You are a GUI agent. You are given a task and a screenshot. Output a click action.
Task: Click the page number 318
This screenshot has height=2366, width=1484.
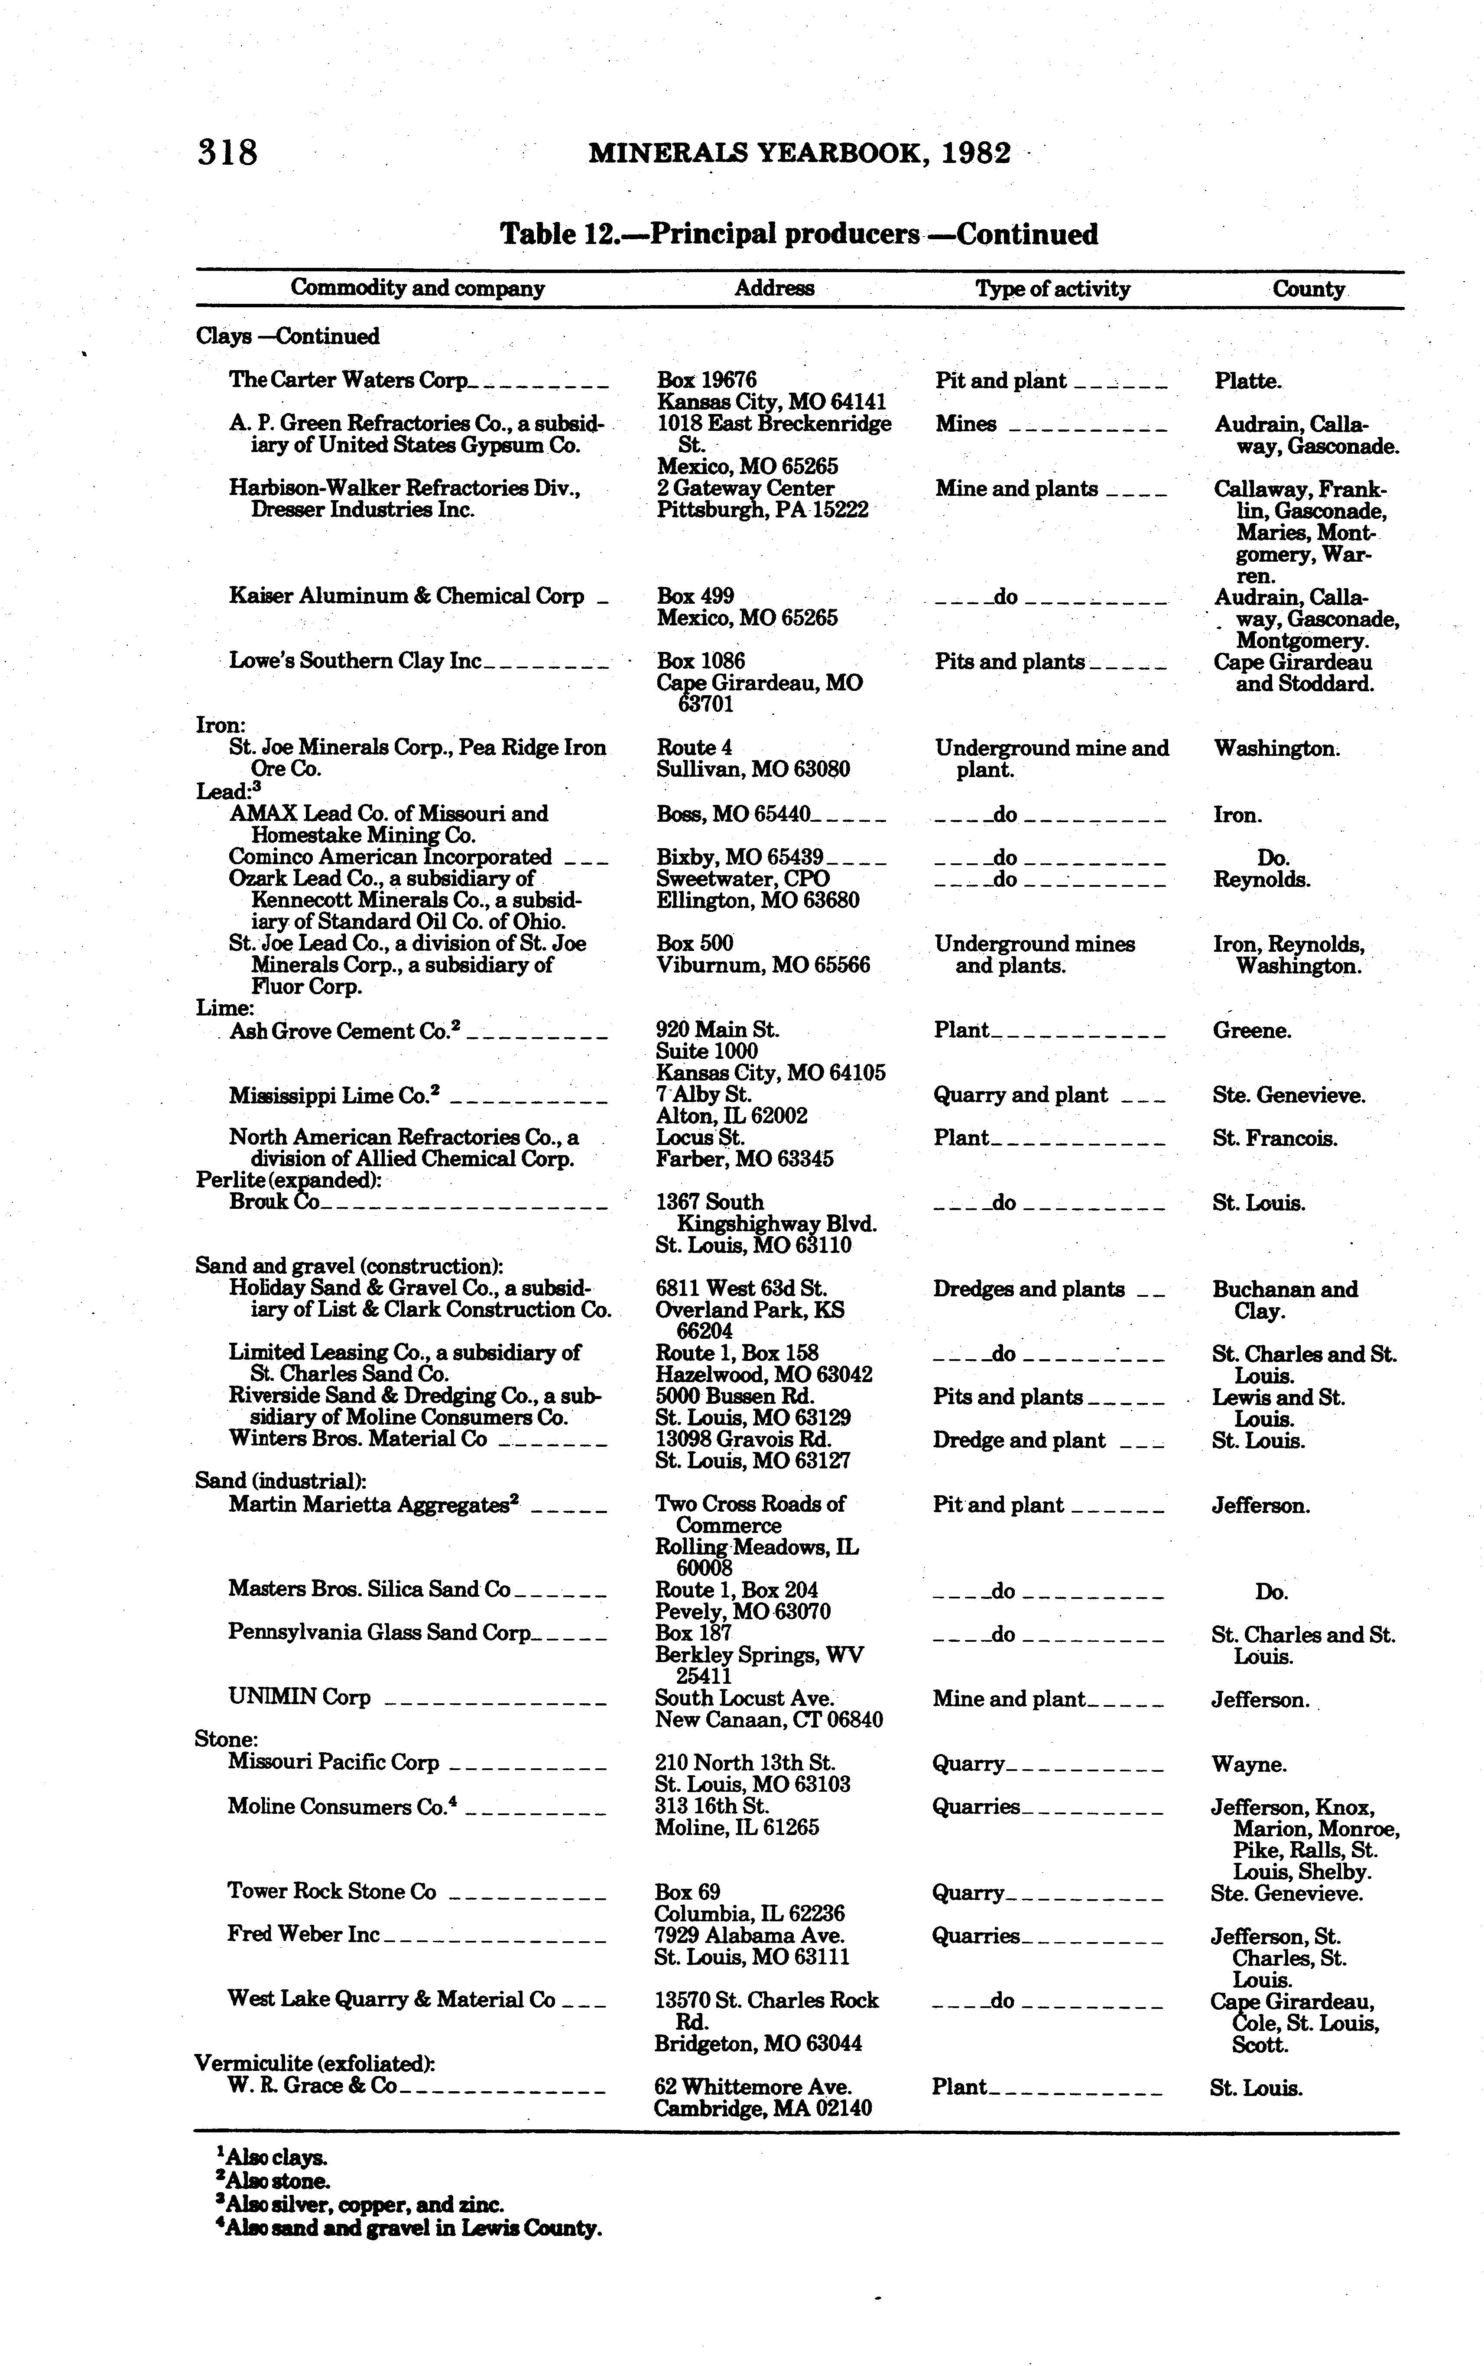point(228,153)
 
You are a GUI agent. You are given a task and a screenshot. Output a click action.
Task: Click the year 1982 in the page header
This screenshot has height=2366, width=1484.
point(974,153)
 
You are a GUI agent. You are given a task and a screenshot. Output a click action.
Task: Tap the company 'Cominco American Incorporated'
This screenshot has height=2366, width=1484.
point(390,857)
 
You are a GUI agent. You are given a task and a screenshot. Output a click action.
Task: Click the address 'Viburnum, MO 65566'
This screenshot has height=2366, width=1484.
point(763,965)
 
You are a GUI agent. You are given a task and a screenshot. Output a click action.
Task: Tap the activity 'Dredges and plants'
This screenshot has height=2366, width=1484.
point(1029,1289)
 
